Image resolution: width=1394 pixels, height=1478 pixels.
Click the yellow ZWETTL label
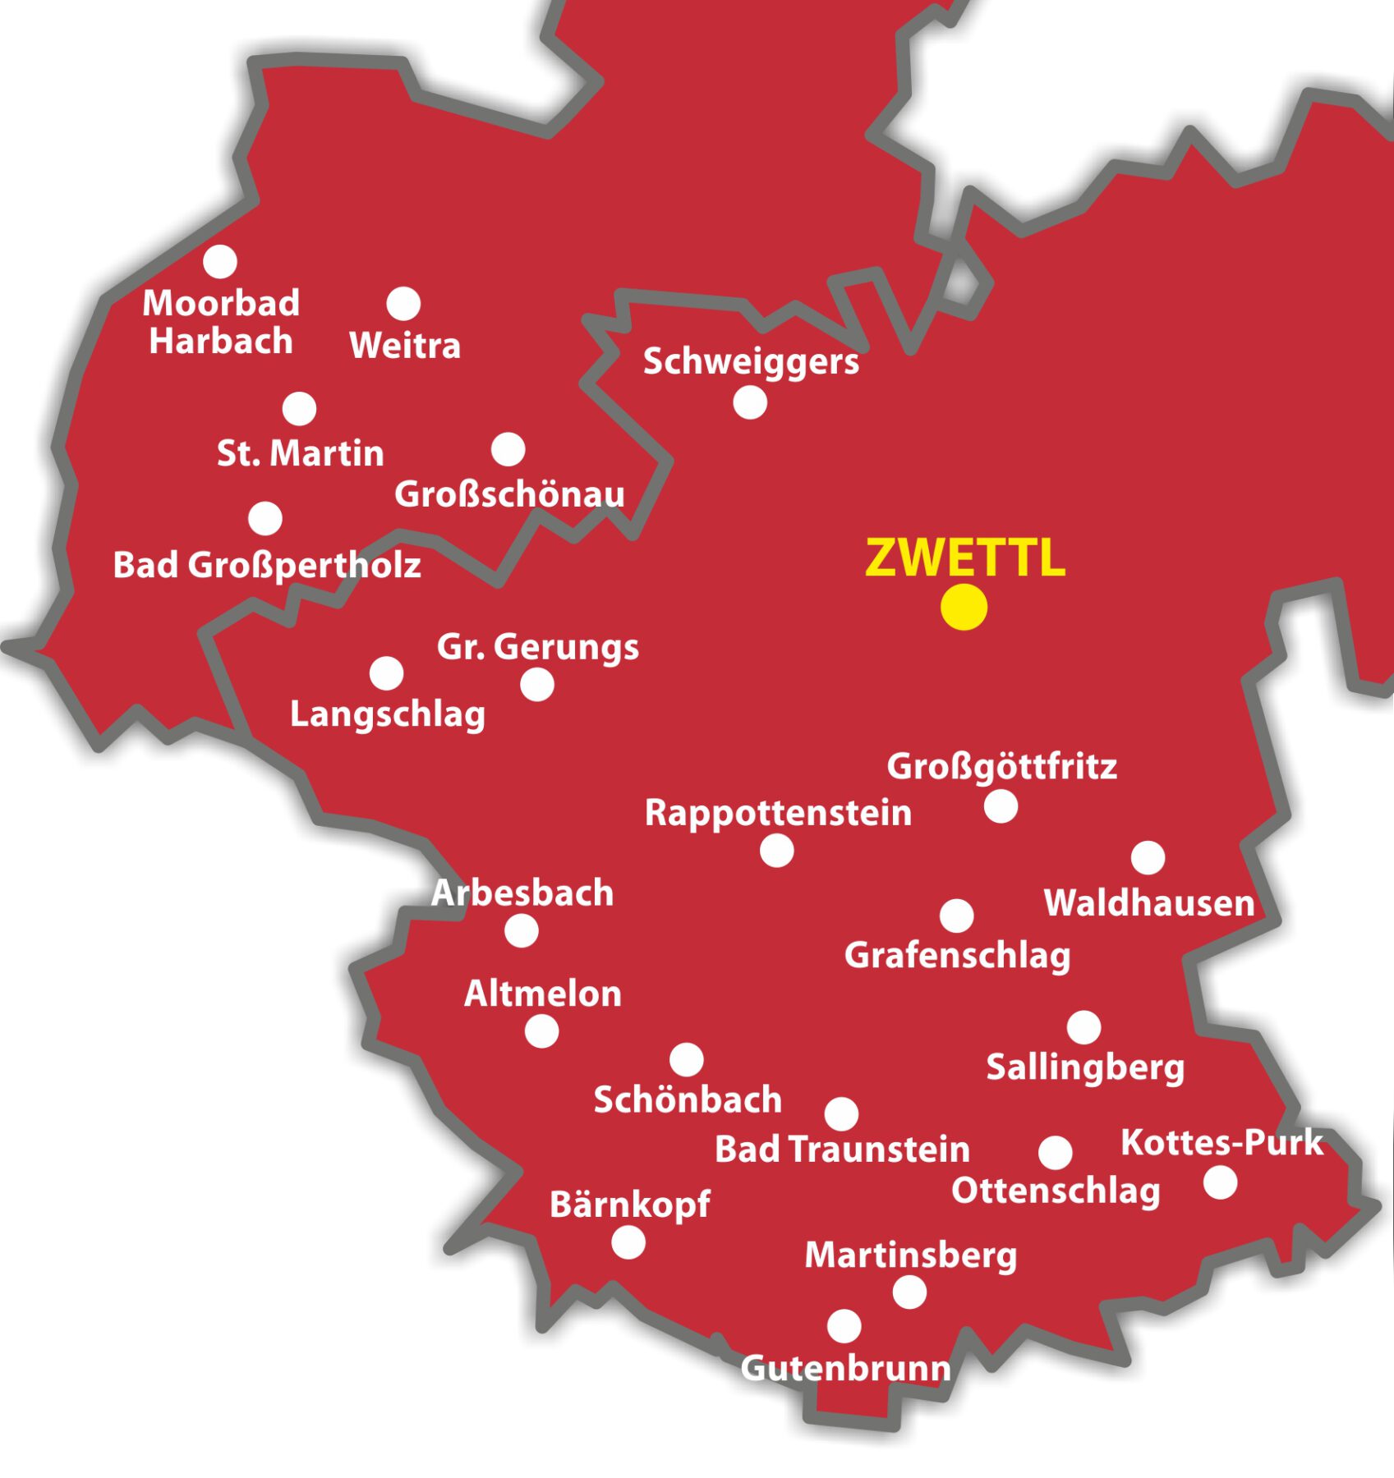point(965,558)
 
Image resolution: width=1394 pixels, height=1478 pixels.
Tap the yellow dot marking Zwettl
point(964,608)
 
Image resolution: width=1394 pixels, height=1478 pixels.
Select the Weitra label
point(405,345)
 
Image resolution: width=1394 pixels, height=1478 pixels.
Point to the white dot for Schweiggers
point(750,402)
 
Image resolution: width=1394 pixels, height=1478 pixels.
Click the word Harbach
point(221,341)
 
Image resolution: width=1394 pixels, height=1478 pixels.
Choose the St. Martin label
point(301,453)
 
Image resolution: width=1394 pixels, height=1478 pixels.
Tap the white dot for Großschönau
point(508,449)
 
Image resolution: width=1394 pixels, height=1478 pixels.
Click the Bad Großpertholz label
point(267,565)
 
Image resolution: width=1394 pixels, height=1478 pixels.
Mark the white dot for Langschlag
point(386,673)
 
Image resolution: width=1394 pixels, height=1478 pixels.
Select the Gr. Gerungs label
point(538,647)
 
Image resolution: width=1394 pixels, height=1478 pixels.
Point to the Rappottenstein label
point(778,813)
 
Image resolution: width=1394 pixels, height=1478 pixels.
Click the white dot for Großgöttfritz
point(1001,806)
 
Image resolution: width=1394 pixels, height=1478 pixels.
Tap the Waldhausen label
point(1149,903)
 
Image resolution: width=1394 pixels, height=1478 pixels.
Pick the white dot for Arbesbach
point(522,931)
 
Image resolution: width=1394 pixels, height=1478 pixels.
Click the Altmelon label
point(543,994)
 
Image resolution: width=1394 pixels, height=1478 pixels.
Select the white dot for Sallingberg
point(1083,1027)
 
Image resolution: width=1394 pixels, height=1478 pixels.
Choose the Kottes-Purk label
point(1221,1142)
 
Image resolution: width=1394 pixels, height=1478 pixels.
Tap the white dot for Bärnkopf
point(628,1242)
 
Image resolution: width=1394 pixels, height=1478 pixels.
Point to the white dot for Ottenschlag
point(1055,1153)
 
